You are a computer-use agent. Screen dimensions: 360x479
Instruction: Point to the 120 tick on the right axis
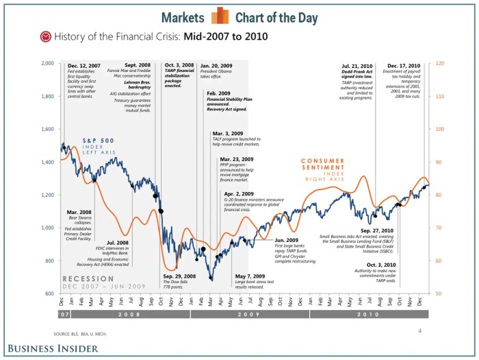[x=439, y=63]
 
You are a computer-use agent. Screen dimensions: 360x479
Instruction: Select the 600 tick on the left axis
[x=48, y=293]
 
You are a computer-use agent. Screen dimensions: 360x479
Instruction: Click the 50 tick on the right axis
[x=438, y=293]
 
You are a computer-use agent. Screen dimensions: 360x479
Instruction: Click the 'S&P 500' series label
[x=99, y=140]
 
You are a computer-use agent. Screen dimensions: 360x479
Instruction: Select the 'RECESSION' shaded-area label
[x=88, y=278]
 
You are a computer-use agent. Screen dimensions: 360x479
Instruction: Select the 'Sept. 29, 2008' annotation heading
[x=179, y=276]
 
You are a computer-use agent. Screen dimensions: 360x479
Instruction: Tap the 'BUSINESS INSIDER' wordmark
[x=55, y=348]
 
